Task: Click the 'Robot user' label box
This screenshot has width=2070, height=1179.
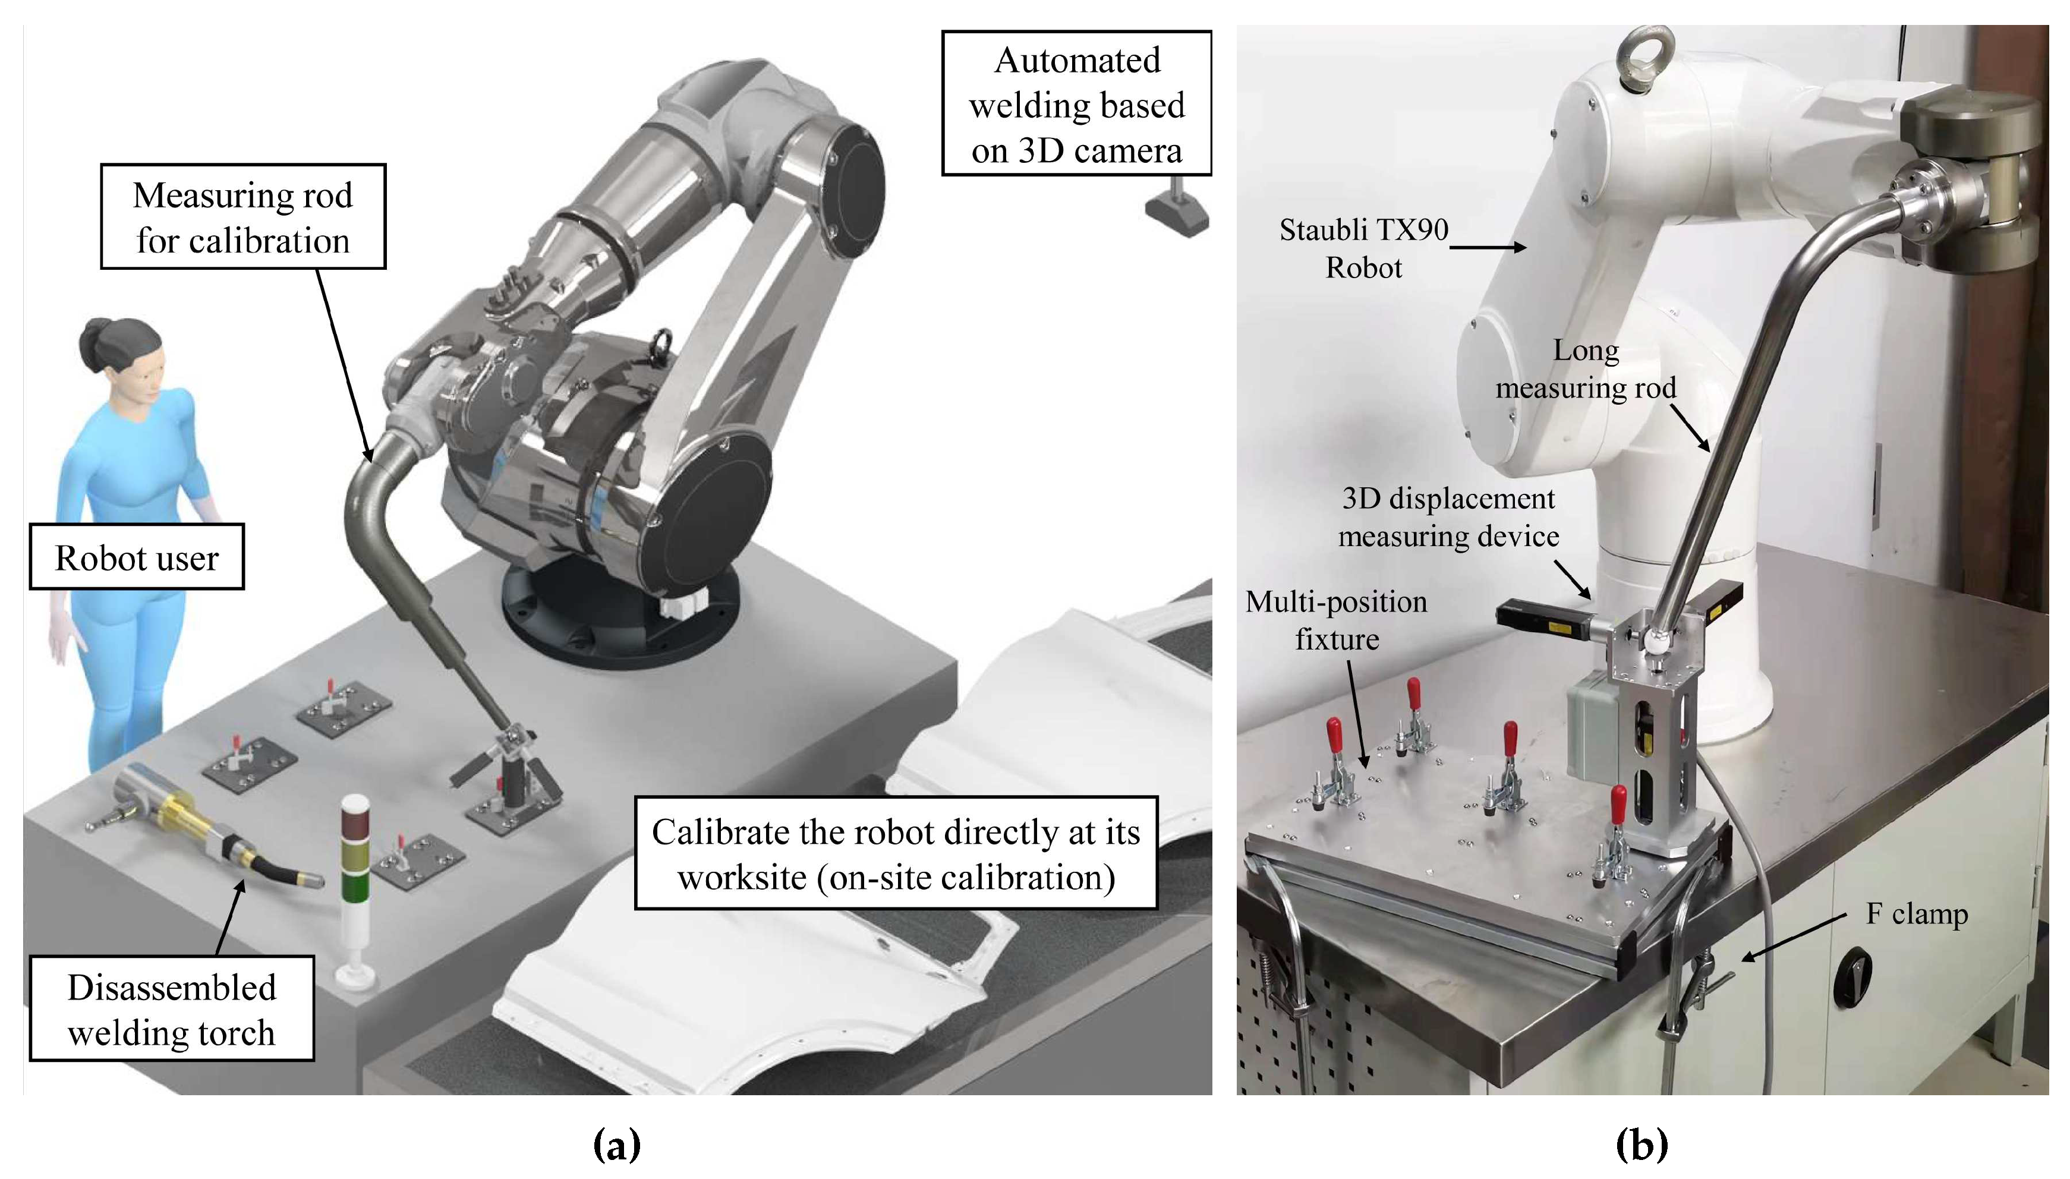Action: click(137, 557)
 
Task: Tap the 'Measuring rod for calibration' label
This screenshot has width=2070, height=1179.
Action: click(243, 217)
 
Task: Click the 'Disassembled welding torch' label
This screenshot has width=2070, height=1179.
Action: click(172, 1009)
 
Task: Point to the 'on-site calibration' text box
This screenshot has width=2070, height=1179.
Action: click(896, 853)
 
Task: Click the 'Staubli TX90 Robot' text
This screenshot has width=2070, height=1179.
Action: click(1364, 248)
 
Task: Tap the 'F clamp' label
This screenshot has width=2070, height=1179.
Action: click(1916, 913)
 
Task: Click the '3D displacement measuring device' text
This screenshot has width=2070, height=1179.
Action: click(1448, 516)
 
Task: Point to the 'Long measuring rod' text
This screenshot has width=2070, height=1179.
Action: click(1585, 369)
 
